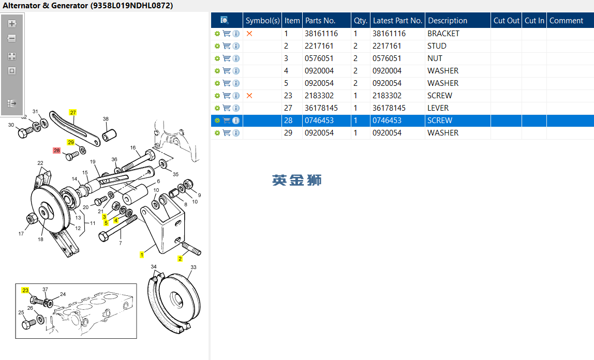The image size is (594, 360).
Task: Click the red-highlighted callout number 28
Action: [x=57, y=151]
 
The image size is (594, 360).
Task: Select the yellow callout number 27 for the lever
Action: [x=73, y=112]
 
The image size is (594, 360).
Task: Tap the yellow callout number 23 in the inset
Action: [x=25, y=291]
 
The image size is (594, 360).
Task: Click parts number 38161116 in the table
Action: [x=321, y=34]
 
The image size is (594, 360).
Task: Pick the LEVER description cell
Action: [x=438, y=108]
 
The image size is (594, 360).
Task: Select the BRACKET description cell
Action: [x=443, y=34]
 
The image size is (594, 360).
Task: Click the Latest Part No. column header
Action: [x=397, y=21]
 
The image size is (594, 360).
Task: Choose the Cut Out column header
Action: [x=506, y=21]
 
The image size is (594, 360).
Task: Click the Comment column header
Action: [x=566, y=21]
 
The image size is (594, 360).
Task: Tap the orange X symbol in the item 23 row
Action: [x=249, y=96]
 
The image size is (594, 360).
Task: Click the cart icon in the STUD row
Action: [x=227, y=46]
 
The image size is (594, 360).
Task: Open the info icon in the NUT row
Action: [x=236, y=58]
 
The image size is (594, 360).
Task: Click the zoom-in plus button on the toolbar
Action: [x=12, y=24]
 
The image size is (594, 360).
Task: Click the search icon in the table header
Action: [x=225, y=20]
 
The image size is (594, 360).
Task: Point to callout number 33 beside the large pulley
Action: [x=194, y=267]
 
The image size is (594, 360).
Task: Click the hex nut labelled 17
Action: [x=31, y=219]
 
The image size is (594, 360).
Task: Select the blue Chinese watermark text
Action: [x=297, y=180]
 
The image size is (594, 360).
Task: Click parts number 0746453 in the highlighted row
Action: [x=319, y=121]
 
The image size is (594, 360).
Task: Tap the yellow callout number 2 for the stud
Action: [x=180, y=259]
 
